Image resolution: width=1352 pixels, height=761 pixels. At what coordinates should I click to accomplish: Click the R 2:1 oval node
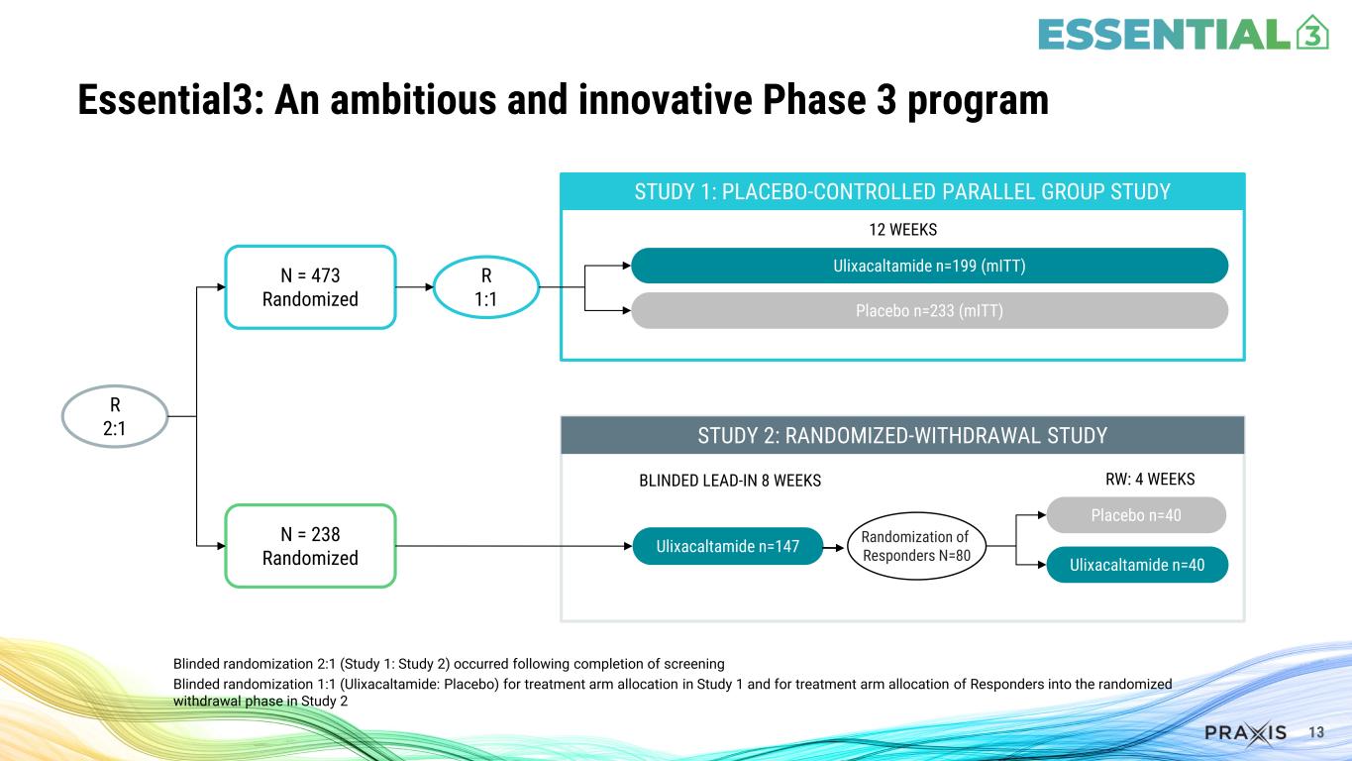pos(115,417)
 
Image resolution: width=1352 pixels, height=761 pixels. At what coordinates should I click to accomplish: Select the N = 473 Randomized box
pos(310,286)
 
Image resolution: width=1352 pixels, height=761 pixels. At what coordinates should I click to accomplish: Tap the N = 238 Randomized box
pos(310,546)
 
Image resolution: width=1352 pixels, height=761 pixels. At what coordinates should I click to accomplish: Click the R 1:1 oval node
pos(486,287)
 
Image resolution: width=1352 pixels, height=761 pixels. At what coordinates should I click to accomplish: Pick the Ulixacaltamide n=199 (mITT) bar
pos(929,266)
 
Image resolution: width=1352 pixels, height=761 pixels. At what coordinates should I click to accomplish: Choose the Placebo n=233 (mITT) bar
pos(929,310)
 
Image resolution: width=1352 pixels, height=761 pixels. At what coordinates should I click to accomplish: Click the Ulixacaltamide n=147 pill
pos(728,546)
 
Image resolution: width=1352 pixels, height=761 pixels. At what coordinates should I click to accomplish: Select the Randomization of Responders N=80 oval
pos(916,546)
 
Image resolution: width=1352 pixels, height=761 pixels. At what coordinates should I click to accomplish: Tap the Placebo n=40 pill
pos(1136,515)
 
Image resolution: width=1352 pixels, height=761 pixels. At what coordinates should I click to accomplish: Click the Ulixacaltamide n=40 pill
pos(1136,565)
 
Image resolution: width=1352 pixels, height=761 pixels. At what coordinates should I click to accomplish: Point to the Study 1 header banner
pos(901,191)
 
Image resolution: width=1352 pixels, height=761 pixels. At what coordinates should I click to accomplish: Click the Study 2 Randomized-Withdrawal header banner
pos(901,436)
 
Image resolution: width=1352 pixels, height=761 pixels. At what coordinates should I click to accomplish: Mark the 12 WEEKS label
pos(902,230)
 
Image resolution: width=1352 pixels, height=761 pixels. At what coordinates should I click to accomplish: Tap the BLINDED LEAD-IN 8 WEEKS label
pos(730,481)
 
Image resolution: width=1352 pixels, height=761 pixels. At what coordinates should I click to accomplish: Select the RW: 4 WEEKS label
pos(1149,480)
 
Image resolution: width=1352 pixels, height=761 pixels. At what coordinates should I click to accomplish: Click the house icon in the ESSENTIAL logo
pos(1310,33)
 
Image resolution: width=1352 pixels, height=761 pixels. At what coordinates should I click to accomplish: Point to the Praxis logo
pos(1245,733)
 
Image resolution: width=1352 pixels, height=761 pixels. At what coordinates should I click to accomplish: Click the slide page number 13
pos(1316,733)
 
